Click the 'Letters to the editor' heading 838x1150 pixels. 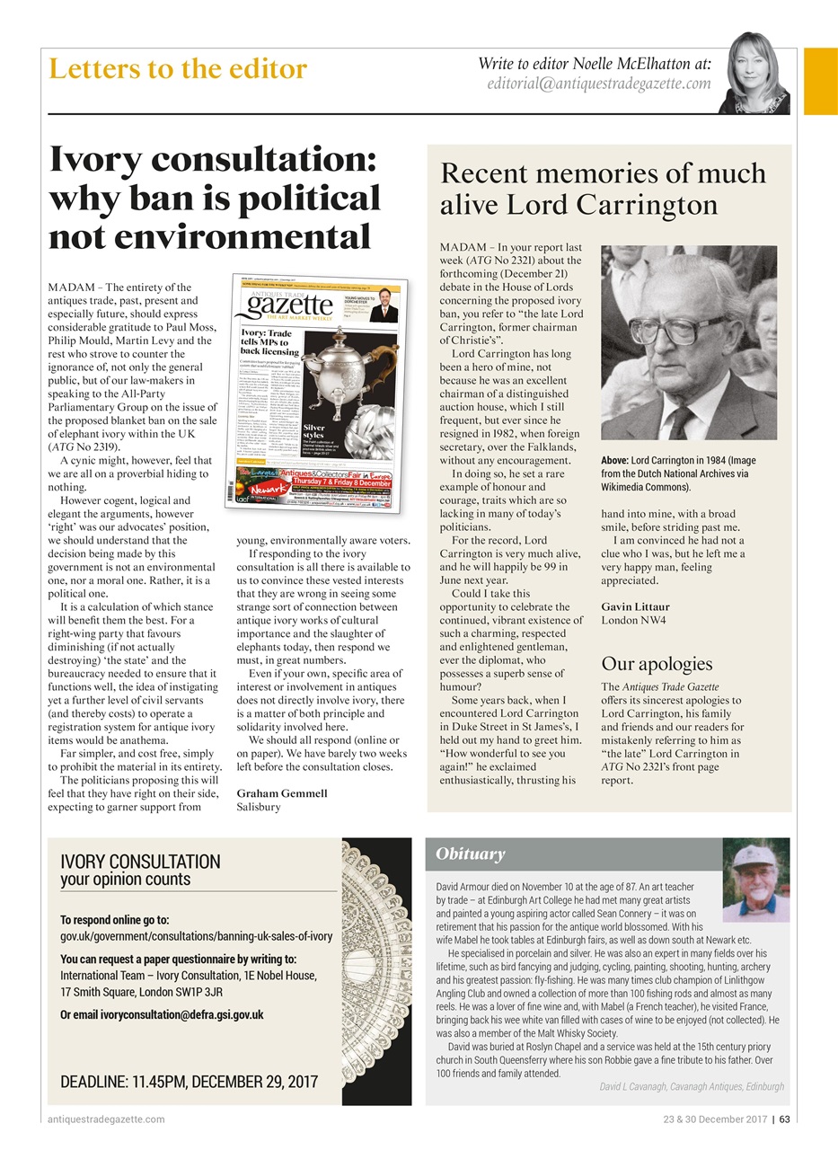click(178, 68)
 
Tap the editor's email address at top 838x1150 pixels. click(598, 84)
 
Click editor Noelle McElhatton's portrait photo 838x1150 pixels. click(754, 75)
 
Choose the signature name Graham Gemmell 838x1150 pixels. click(282, 793)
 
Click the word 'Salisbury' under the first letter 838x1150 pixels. click(260, 807)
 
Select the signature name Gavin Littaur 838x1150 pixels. click(635, 606)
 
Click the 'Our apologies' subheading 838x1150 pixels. click(656, 664)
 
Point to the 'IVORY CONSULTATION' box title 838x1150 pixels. click(139, 862)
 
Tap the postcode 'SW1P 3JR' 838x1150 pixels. click(188, 992)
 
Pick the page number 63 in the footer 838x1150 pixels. click(785, 1119)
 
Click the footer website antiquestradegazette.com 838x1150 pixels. click(106, 1119)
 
